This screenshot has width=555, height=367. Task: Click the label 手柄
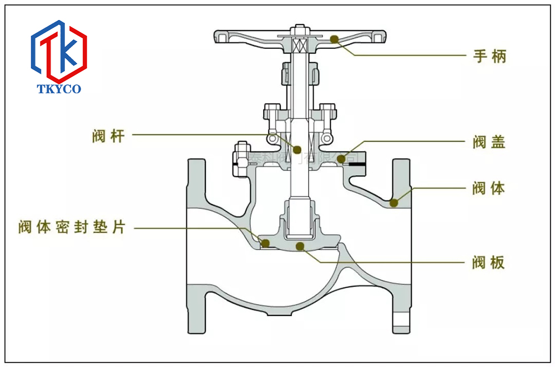[490, 56]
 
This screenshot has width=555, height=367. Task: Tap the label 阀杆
[108, 136]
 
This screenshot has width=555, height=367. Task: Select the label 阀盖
[490, 142]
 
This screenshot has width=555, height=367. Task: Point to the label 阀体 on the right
[490, 188]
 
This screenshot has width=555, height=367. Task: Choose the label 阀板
[490, 263]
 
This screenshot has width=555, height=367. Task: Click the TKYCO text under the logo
[59, 89]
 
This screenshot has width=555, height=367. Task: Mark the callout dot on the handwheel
[335, 39]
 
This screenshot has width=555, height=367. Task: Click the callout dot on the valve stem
[297, 150]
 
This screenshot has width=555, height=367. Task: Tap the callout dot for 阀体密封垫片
[265, 243]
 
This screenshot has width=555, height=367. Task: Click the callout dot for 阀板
[300, 246]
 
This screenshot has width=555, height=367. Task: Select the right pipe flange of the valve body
[402, 244]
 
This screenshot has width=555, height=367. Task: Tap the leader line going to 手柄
[411, 56]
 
